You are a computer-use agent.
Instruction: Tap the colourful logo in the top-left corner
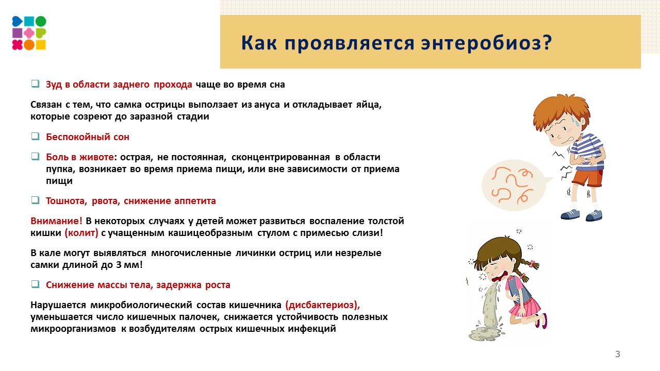pyautogui.click(x=29, y=33)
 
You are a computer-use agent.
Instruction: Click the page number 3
pyautogui.click(x=618, y=354)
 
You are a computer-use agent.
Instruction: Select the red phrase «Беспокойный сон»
pyautogui.click(x=88, y=137)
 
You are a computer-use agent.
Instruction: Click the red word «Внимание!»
pyautogui.click(x=56, y=221)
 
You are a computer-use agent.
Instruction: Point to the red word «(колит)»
pyautogui.click(x=81, y=233)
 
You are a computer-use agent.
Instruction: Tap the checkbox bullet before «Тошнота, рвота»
pyautogui.click(x=35, y=200)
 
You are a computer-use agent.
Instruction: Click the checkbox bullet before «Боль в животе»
pyautogui.click(x=35, y=157)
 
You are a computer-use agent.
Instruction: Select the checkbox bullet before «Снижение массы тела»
pyautogui.click(x=35, y=284)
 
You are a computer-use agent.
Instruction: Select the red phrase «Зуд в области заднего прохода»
pyautogui.click(x=119, y=84)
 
